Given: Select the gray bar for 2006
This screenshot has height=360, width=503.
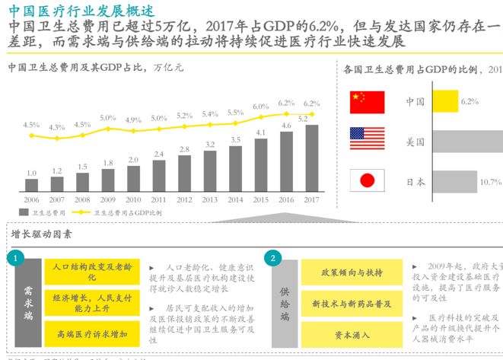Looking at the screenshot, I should tap(31, 183).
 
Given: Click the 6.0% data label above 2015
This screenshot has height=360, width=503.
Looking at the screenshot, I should tap(261, 106).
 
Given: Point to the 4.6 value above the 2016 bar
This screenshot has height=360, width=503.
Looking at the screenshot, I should tap(287, 126).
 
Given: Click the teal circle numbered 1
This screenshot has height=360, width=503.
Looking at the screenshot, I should tap(15, 259).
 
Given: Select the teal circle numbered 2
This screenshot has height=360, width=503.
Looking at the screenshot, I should tap(272, 259).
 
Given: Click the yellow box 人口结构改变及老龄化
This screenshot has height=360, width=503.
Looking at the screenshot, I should tap(91, 272).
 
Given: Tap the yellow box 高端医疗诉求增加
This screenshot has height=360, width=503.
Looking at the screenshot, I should tap(91, 333).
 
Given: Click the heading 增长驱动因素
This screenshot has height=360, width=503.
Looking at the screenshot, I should tap(43, 234).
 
